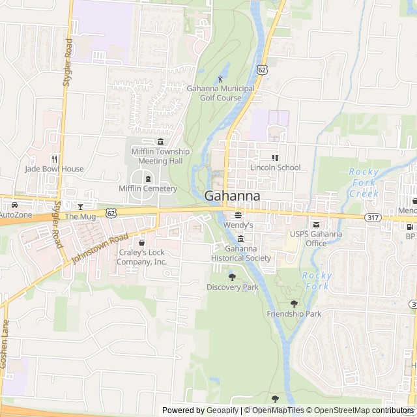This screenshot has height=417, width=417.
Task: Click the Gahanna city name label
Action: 233,196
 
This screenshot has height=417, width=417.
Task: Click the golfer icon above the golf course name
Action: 220,79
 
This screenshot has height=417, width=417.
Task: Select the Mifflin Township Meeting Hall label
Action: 160,156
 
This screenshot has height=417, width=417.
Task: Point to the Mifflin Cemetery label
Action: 148,189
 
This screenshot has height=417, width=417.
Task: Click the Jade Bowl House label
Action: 55,169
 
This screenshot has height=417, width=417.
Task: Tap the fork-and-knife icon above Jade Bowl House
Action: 55,158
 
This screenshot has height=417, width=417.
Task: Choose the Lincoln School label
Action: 275,167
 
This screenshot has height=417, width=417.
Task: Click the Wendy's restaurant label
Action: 238,225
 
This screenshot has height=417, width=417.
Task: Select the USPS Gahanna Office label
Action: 316,238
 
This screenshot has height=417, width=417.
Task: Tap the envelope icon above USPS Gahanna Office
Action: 316,224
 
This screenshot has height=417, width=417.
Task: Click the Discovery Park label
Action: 233,287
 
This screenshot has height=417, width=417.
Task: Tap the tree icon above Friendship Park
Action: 294,304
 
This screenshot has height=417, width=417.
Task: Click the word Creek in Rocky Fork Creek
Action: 364,194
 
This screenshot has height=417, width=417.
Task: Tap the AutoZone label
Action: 15,215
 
